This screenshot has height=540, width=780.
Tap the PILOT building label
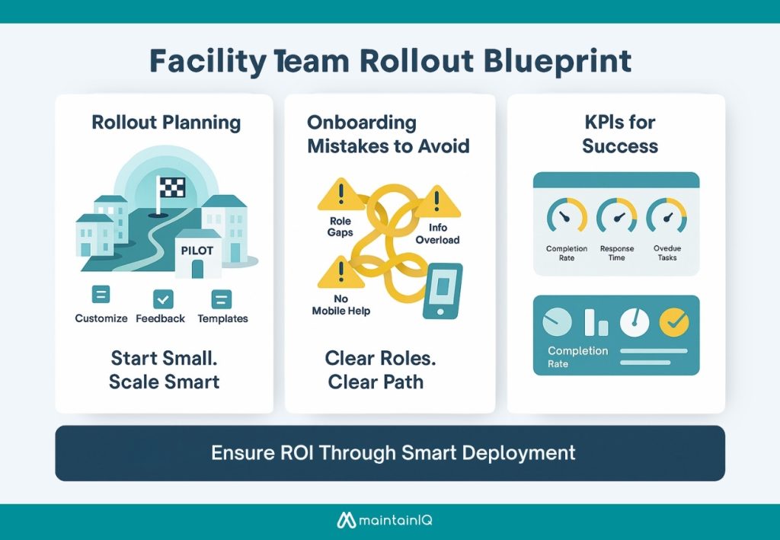point(197,249)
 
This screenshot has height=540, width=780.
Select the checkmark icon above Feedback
point(163,298)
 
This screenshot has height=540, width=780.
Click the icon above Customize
point(101,296)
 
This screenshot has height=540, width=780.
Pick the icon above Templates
point(222,298)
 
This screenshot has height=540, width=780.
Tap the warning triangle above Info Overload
point(438,203)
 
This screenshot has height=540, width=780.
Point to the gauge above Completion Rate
point(566,218)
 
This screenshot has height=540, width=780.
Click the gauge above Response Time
point(616,218)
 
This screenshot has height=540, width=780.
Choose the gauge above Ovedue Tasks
point(667,218)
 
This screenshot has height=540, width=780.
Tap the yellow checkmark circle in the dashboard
point(673,323)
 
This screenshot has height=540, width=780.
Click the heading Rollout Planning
point(165,123)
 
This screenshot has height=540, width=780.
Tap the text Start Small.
point(164,358)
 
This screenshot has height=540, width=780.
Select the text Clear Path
point(376,381)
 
